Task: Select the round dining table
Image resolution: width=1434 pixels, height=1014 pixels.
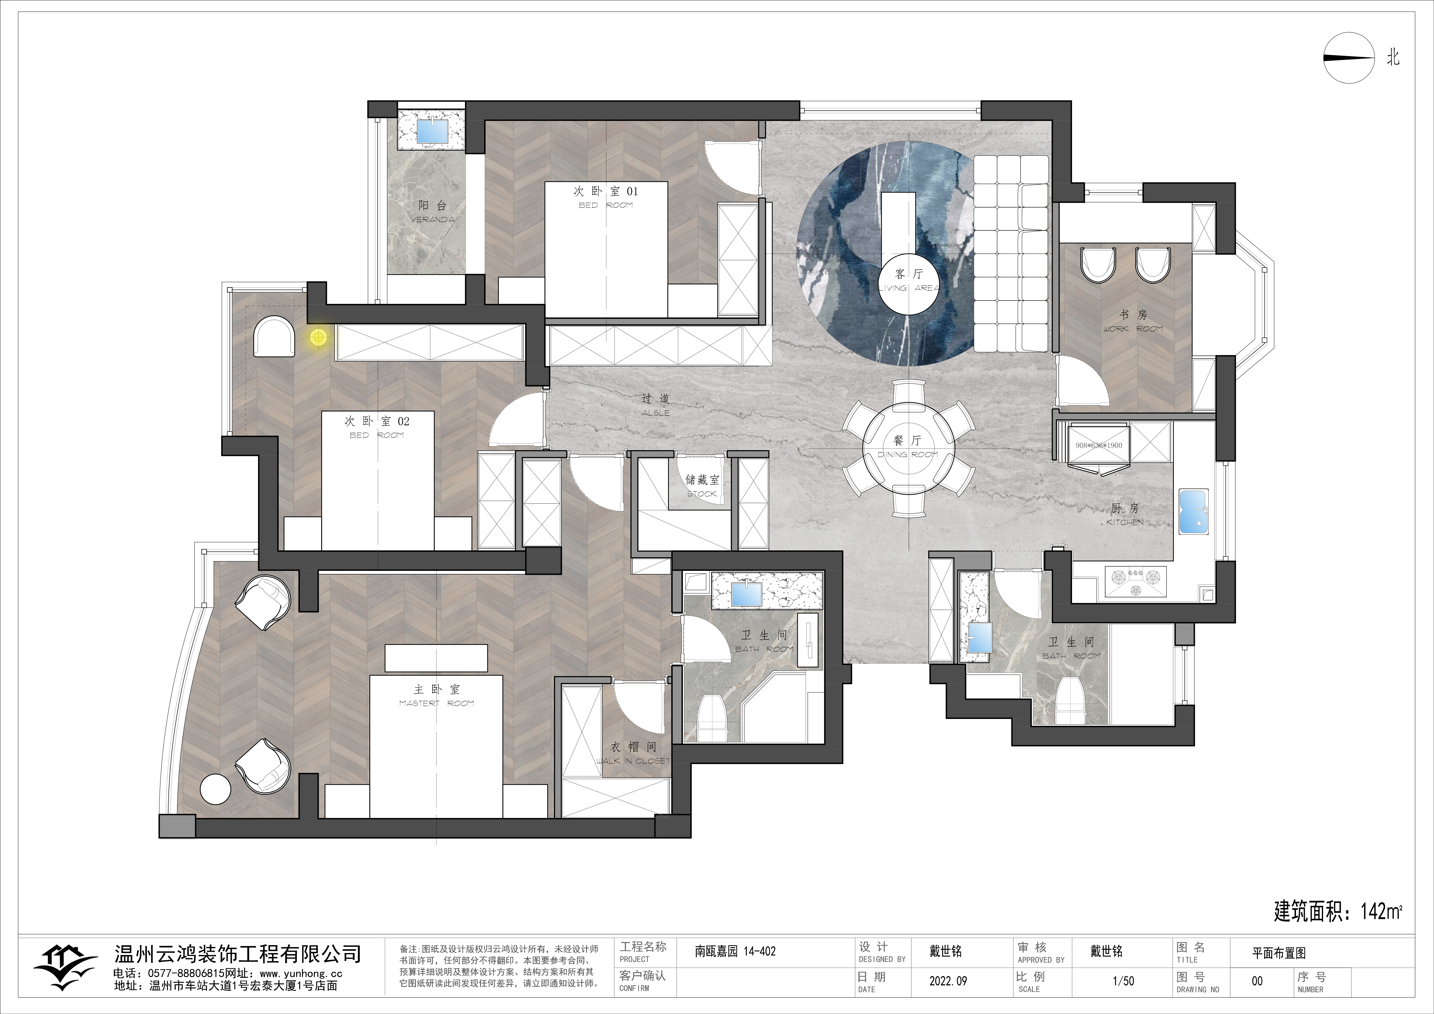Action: tap(909, 449)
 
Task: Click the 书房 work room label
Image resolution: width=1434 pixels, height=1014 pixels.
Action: tap(1133, 321)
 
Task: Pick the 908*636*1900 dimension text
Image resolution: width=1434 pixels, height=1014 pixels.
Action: tap(1099, 446)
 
